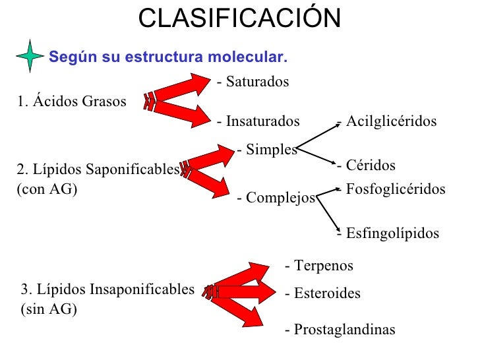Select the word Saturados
coord(256,82)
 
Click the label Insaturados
coord(262,121)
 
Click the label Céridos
coord(370,165)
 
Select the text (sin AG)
coord(49,309)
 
